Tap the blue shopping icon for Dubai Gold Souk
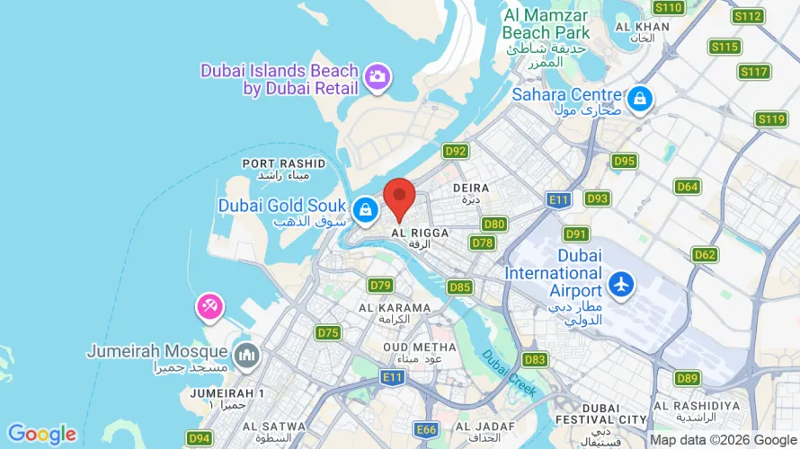365,210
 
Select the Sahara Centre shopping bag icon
639,98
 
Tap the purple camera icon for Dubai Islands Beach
378,77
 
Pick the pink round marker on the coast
209,307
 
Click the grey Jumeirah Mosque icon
244,357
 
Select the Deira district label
471,192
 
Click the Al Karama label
395,313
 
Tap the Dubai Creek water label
509,373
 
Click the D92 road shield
456,152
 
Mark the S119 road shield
771,119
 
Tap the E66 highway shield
426,429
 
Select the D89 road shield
688,378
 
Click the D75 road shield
328,332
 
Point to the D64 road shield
688,186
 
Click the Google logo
41,435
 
